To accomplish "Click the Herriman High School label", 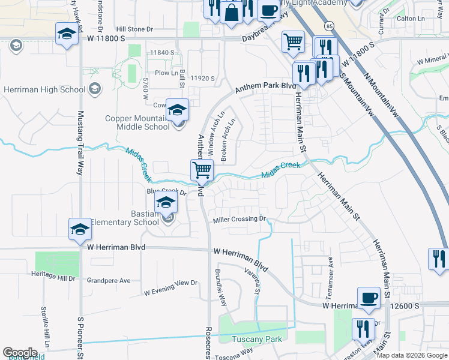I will [x=44, y=90].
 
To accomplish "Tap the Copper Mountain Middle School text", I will [x=137, y=122].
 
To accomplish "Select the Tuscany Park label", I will [x=257, y=338].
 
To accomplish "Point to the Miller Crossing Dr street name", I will [x=240, y=219].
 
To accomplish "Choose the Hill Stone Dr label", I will [x=135, y=29].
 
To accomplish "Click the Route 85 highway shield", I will [x=328, y=26].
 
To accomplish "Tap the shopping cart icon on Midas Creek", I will [x=202, y=170].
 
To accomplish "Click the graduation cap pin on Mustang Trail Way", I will [x=80, y=229].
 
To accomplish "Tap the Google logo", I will [x=20, y=353].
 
